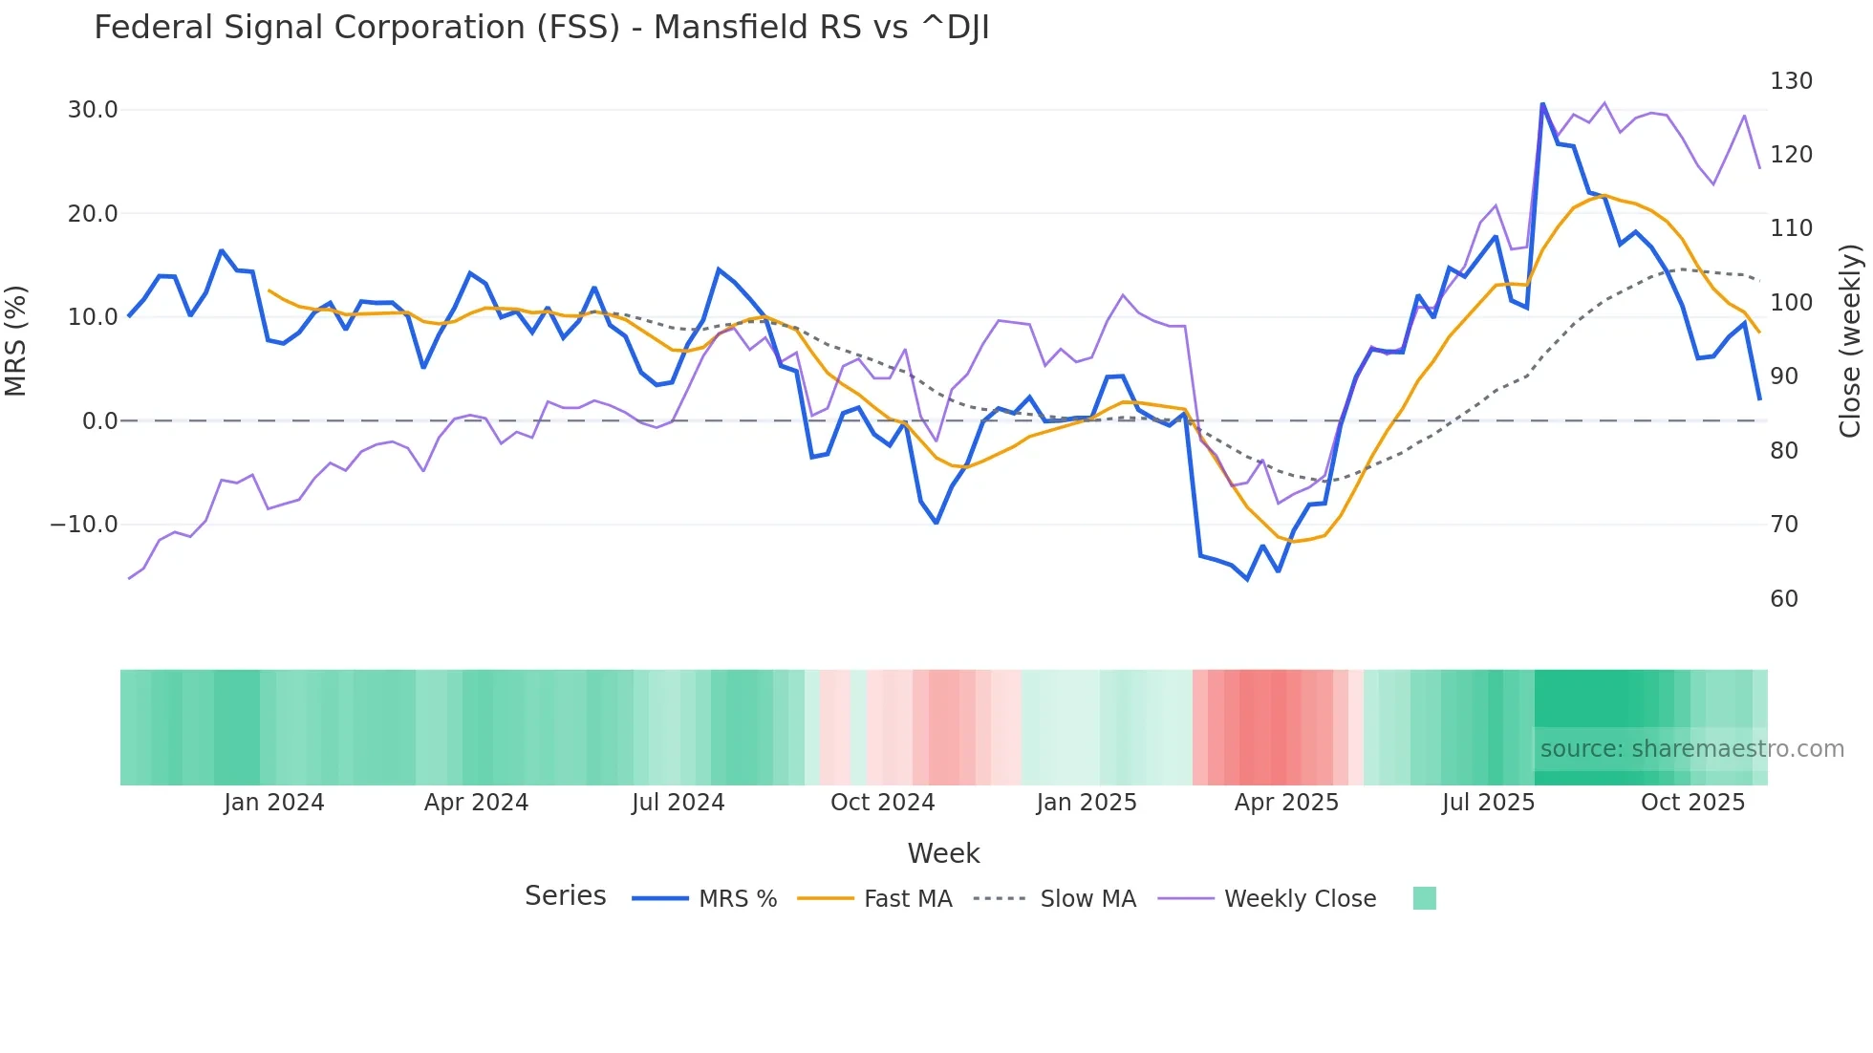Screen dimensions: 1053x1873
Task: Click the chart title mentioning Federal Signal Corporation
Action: [x=541, y=28]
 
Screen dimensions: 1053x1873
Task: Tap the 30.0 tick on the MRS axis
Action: [x=93, y=110]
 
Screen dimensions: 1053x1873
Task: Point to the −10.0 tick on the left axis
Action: [x=84, y=525]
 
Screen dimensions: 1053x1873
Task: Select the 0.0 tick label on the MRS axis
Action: [x=99, y=421]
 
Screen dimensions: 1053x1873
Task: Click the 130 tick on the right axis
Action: [x=1791, y=81]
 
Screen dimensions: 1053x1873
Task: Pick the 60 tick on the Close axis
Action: [x=1784, y=599]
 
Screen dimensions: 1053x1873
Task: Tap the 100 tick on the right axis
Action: [x=1791, y=303]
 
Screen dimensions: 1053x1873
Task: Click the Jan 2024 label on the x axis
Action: [x=274, y=803]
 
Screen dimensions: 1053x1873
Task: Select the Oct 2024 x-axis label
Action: [x=882, y=803]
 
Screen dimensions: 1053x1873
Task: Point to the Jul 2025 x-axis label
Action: [x=1488, y=803]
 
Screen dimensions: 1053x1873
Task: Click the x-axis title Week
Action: [x=943, y=853]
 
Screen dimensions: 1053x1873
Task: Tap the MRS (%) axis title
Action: [x=16, y=341]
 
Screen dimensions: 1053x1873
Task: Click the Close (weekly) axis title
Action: [x=1850, y=341]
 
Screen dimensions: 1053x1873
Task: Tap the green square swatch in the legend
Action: [x=1424, y=898]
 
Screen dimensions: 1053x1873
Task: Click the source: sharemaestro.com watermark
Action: [x=1691, y=749]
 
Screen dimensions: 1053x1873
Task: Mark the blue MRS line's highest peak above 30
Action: [x=1542, y=103]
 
